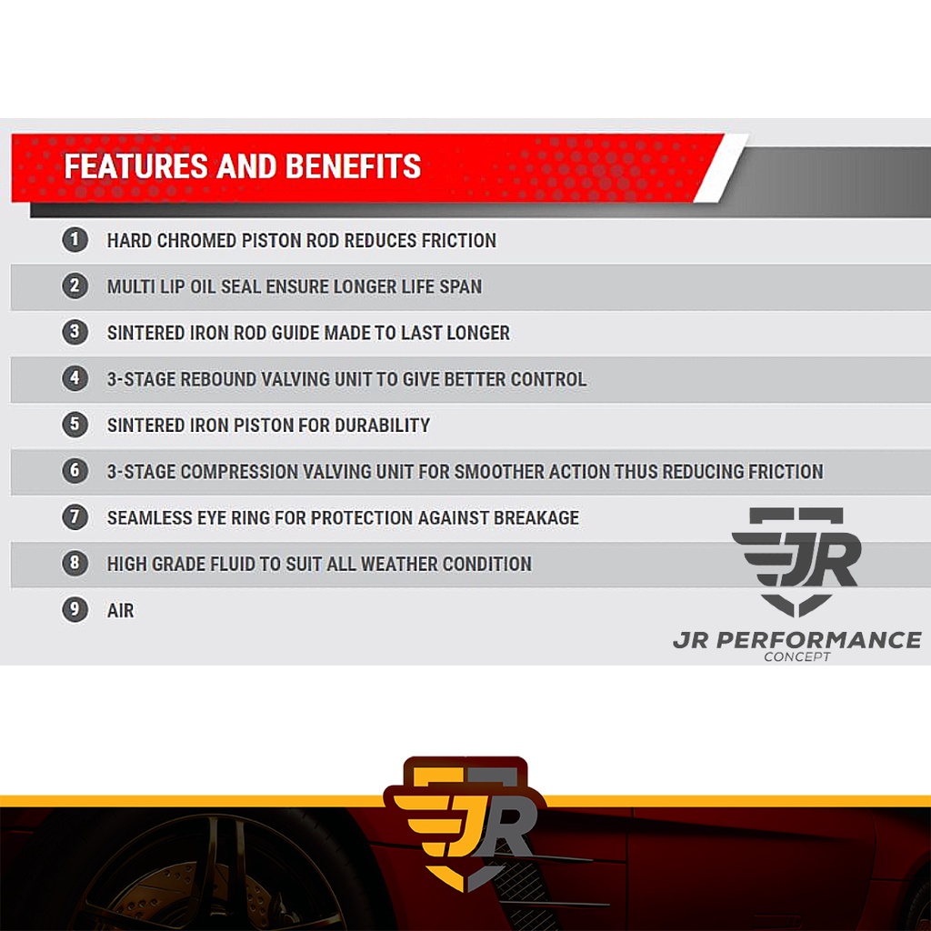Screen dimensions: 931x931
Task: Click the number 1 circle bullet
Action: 75,240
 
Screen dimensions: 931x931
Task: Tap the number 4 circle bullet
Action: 75,378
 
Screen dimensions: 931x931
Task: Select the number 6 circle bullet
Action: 75,471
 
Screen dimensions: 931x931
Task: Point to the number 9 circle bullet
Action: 75,610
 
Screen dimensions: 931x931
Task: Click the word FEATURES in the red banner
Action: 136,166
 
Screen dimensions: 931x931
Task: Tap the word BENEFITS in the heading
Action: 354,166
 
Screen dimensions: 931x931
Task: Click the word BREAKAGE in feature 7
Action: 536,518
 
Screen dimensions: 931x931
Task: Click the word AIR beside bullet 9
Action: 121,611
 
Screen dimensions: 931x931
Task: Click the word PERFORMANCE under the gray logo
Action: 819,640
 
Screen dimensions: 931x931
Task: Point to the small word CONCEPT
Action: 796,656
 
